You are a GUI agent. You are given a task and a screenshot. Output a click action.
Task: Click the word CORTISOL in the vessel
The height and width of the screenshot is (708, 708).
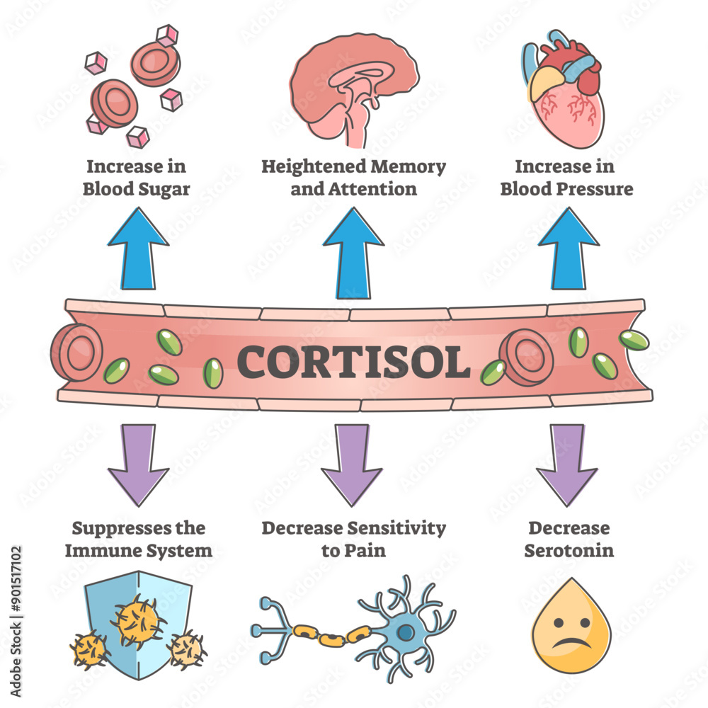tap(353, 361)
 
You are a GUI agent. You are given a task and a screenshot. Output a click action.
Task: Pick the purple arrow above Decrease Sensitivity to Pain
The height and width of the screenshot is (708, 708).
tap(352, 464)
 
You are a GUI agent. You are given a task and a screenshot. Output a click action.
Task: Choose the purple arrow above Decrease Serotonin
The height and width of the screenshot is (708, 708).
tap(567, 464)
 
